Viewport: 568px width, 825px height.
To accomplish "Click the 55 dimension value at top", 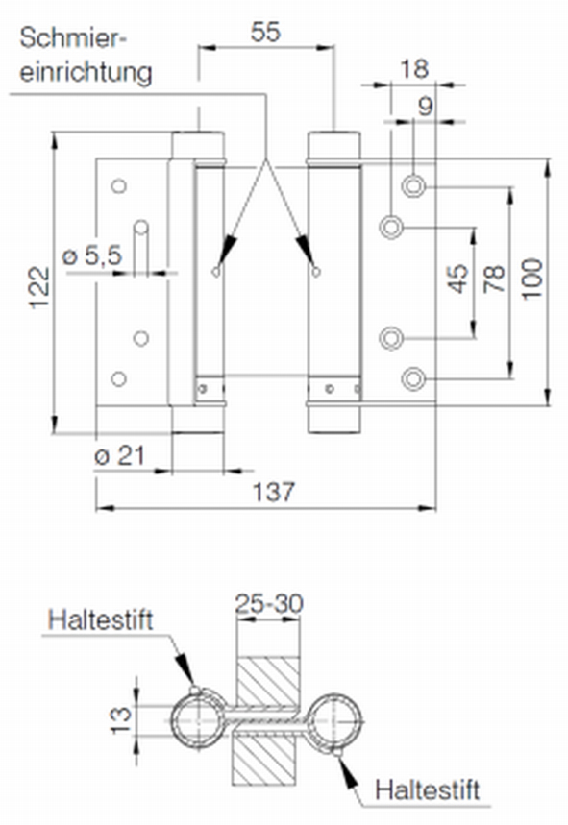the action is click(x=265, y=33).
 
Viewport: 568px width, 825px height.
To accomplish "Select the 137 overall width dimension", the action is click(x=274, y=492).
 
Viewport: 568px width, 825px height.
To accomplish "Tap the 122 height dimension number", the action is click(x=39, y=288).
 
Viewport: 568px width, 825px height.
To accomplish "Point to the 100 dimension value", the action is click(x=531, y=279).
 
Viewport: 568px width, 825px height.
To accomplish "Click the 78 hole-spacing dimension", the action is click(x=494, y=279).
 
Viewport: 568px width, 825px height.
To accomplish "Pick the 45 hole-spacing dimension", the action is click(x=458, y=279).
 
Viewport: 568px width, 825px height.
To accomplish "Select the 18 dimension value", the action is click(x=414, y=69).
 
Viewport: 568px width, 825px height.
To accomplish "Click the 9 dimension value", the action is click(x=426, y=107).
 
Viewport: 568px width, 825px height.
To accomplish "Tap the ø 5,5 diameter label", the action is click(x=92, y=255).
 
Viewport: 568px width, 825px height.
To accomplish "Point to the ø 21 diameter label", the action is click(x=119, y=455).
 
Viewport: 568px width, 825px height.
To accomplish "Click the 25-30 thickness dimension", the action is click(x=269, y=603).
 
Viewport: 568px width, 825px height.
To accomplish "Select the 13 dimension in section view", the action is click(x=120, y=719).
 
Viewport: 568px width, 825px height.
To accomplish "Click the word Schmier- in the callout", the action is click(x=73, y=38).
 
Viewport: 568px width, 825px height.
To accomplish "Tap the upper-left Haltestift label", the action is click(x=100, y=619).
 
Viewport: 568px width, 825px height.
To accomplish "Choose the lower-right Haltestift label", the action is click(x=428, y=790).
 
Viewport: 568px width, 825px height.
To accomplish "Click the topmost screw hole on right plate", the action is click(x=414, y=185).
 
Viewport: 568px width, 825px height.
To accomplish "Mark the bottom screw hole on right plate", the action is click(x=414, y=378).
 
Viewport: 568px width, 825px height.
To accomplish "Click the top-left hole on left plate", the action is click(x=119, y=185).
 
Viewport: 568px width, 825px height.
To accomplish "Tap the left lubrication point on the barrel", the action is click(x=216, y=272).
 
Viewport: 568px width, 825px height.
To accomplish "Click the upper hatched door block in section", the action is click(x=268, y=682).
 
